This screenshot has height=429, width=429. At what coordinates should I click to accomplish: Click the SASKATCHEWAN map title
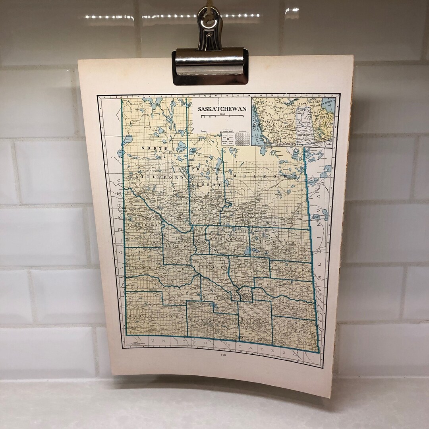coord(222,109)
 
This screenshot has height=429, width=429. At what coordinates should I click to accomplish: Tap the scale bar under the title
coord(222,116)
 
